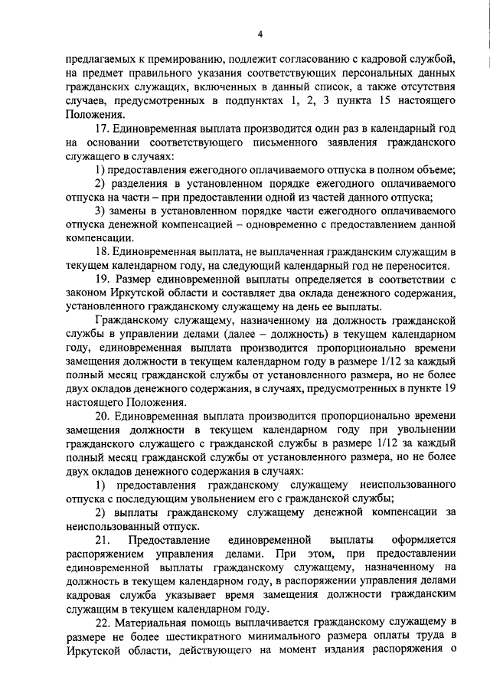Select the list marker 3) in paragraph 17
100,211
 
